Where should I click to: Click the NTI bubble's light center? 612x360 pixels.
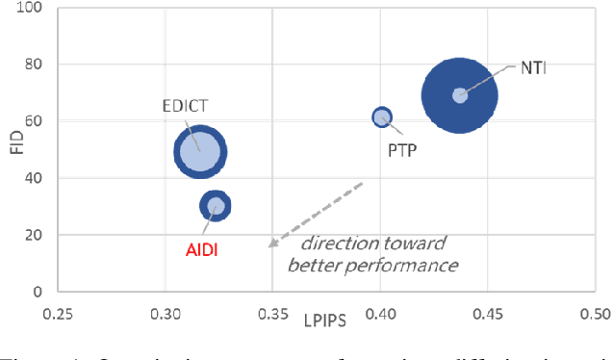point(460,95)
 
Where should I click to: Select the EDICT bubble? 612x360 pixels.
point(200,151)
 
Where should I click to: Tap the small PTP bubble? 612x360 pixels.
point(382,117)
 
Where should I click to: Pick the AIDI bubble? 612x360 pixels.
point(216,205)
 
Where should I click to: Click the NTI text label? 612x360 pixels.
point(533,67)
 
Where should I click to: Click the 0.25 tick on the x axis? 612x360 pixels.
point(58,314)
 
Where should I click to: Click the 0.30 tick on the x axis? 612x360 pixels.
point(166,314)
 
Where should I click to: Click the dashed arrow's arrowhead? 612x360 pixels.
point(272,245)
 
